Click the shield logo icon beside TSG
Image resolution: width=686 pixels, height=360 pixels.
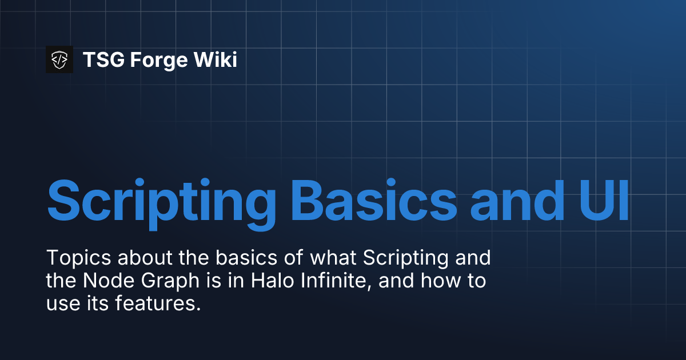59,59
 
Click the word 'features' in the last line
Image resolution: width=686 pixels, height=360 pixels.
158,305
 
